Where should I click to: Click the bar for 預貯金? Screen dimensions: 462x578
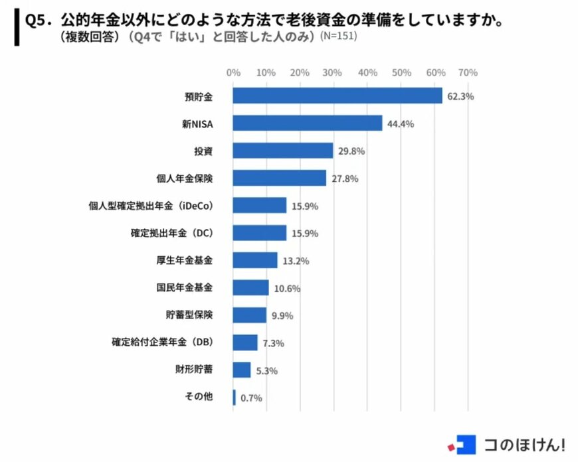[x=337, y=96]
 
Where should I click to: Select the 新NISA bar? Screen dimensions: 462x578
[x=308, y=123]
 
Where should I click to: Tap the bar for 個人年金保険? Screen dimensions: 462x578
[x=280, y=178]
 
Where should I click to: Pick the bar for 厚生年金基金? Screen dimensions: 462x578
[x=255, y=260]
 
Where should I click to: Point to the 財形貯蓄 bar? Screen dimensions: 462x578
[x=242, y=370]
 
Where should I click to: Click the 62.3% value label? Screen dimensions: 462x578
[x=460, y=96]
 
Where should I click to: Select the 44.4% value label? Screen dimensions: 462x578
[x=401, y=123]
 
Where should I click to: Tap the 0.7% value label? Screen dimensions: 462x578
[x=252, y=398]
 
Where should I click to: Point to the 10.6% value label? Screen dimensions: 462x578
[x=288, y=288]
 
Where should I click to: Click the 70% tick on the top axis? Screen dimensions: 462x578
[x=468, y=72]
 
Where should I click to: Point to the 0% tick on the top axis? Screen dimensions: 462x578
[x=233, y=72]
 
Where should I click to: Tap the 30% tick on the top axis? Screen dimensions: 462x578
[x=333, y=72]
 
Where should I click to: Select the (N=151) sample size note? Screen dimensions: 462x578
[x=338, y=37]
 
